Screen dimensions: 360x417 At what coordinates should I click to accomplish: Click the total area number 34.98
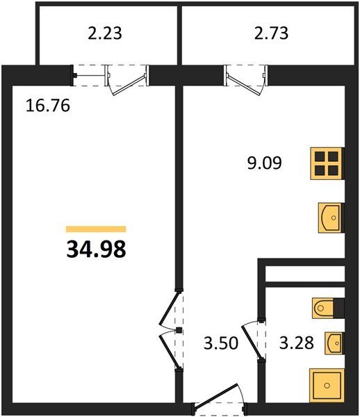(96, 250)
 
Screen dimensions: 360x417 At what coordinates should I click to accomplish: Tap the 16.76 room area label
(48, 106)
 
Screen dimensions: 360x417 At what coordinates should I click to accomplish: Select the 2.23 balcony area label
(105, 33)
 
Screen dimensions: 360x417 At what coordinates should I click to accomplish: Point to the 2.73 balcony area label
(271, 33)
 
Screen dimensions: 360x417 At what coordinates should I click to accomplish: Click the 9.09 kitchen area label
(264, 163)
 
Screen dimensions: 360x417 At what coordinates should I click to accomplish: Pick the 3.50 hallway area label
(221, 343)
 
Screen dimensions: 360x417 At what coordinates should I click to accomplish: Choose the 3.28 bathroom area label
(297, 343)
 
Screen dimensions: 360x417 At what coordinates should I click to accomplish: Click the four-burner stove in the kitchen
(327, 163)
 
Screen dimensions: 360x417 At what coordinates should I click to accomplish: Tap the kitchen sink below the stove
(330, 218)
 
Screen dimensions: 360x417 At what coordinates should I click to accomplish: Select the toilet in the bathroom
(322, 308)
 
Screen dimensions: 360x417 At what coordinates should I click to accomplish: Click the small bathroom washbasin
(334, 343)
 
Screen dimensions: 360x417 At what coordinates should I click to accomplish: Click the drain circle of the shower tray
(327, 385)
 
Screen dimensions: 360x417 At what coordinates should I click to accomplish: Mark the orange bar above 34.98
(96, 229)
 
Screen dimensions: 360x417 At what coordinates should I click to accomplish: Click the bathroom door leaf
(251, 341)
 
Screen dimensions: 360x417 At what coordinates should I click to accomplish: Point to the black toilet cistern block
(339, 308)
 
